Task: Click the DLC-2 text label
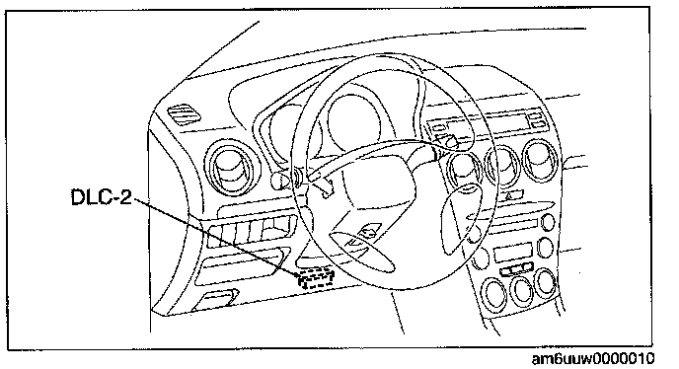pyautogui.click(x=102, y=197)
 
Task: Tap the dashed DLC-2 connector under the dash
pyautogui.click(x=316, y=277)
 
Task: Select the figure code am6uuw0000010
pyautogui.click(x=593, y=359)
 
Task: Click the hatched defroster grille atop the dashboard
pyautogui.click(x=185, y=115)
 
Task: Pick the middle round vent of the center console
pyautogui.click(x=502, y=165)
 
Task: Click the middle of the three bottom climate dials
pyautogui.click(x=521, y=289)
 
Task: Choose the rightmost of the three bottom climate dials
pyautogui.click(x=545, y=282)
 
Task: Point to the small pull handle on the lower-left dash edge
pyautogui.click(x=215, y=299)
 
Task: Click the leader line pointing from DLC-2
pyautogui.click(x=217, y=238)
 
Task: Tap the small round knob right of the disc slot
pyautogui.click(x=548, y=223)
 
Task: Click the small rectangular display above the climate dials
pyautogui.click(x=512, y=252)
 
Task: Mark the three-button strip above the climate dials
pyautogui.click(x=516, y=269)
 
